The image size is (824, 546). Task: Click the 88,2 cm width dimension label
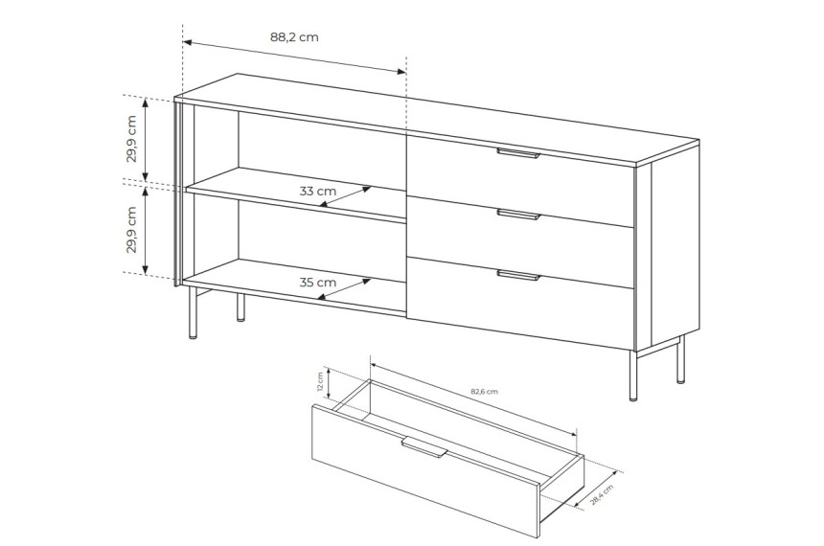[294, 36]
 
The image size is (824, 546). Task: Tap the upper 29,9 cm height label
[131, 139]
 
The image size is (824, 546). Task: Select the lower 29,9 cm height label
[131, 230]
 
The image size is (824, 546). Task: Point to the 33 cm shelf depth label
[318, 191]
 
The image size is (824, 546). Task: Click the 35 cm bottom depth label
[318, 283]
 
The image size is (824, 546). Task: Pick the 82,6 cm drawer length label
[484, 392]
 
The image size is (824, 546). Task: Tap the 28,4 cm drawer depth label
[602, 494]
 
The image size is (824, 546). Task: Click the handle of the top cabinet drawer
[518, 153]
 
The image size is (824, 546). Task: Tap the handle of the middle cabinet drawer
[518, 214]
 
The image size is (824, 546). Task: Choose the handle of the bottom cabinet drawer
[518, 275]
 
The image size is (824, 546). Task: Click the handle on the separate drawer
[424, 447]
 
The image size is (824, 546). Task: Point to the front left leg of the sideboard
[194, 312]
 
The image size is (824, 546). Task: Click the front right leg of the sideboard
[633, 375]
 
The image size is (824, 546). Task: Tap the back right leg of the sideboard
[680, 359]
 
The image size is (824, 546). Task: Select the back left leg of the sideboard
[240, 307]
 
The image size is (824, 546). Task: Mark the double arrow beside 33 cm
[346, 196]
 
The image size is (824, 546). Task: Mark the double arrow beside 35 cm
[344, 289]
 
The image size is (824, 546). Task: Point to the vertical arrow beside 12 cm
[329, 382]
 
